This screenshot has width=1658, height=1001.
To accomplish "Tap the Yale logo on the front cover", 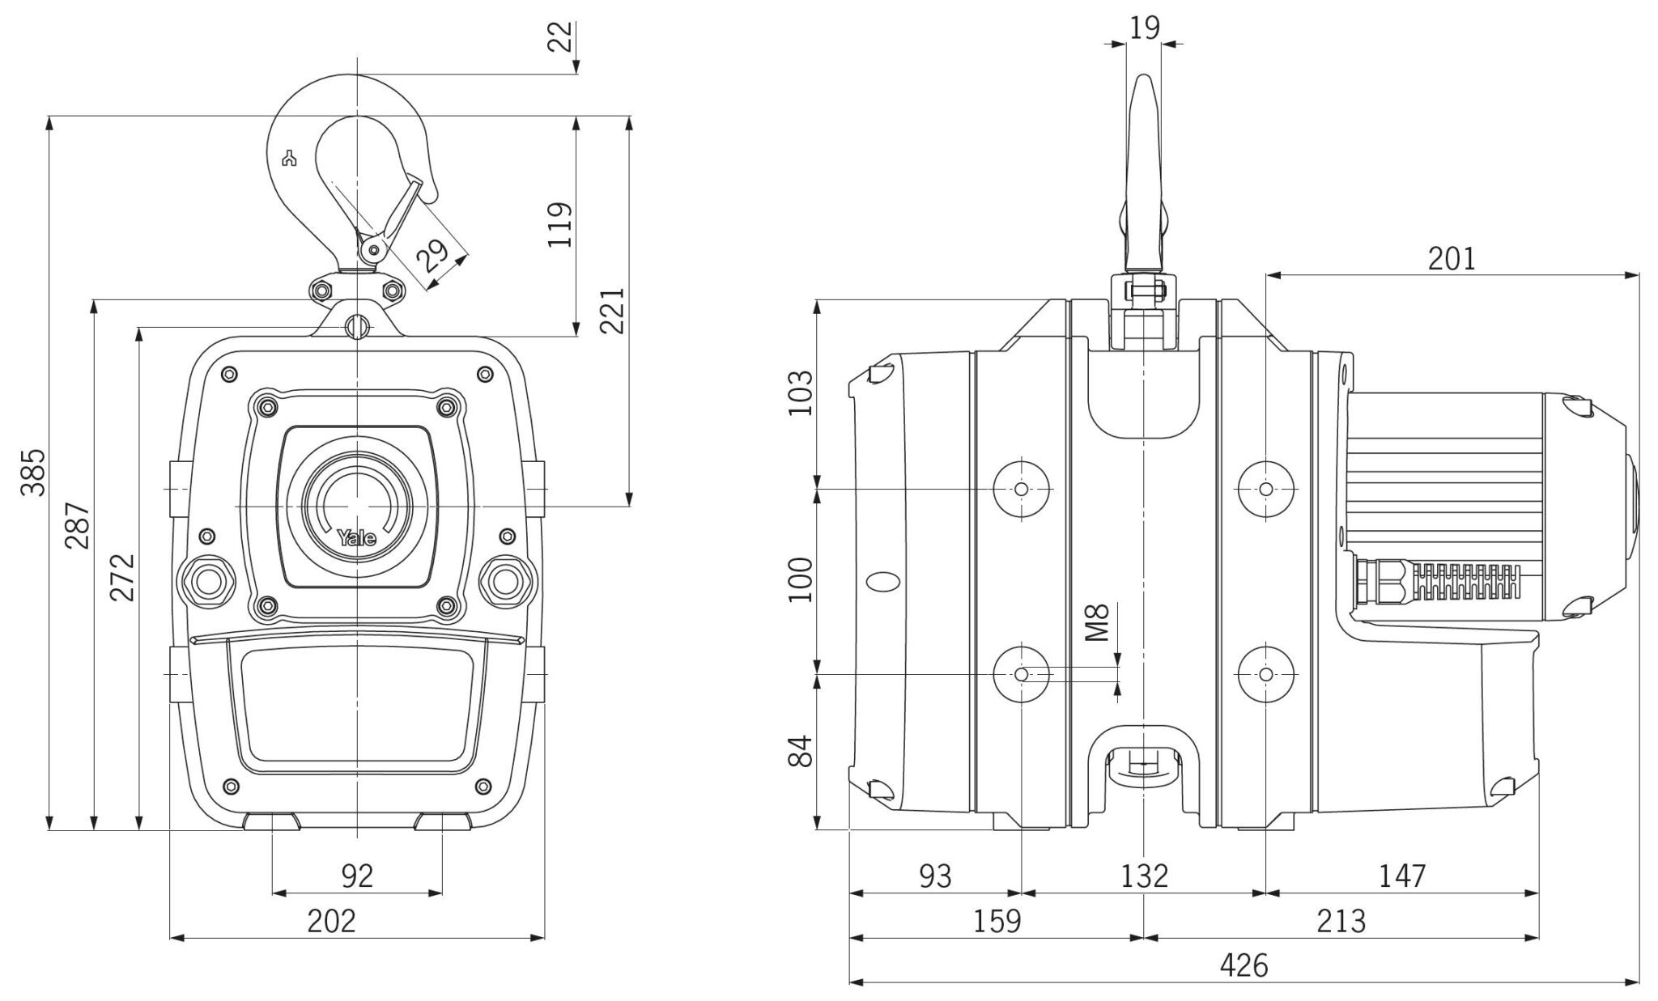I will coord(357,537).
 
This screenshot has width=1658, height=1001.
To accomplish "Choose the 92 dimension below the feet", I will coord(357,876).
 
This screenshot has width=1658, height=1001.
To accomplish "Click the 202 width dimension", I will coord(332,921).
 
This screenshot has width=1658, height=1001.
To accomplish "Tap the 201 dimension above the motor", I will coord(1452,259).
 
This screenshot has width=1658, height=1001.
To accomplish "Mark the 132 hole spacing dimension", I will coord(1143,876).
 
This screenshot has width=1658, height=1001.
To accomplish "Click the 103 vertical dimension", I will coord(801,393).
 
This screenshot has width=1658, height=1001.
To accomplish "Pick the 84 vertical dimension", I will coord(801,750).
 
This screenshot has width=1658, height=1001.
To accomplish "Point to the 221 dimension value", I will coord(612,310).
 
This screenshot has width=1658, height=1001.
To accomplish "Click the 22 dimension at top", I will coord(560,36).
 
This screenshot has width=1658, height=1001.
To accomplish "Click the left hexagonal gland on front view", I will coord(206,580).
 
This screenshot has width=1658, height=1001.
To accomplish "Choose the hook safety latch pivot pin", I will coord(373,249).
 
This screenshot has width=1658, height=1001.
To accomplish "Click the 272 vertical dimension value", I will coord(122,577).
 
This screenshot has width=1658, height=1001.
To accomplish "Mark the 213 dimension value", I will coord(1341,921).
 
